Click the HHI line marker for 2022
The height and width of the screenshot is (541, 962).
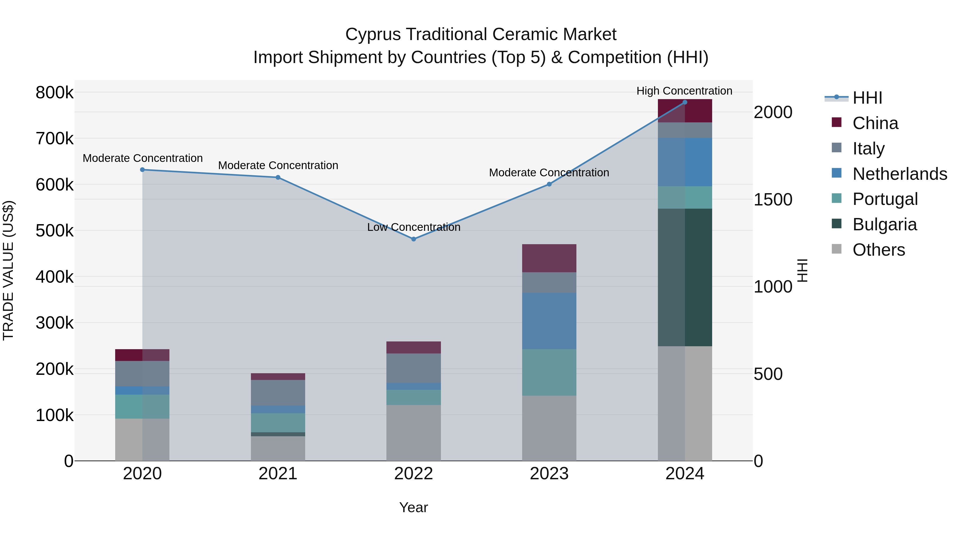413,239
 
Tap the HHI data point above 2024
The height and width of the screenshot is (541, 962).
685,102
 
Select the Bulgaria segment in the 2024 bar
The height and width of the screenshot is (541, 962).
685,277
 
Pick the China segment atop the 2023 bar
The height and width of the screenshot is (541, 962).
549,258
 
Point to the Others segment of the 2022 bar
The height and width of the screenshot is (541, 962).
413,433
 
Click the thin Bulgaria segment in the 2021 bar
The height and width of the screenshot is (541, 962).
278,434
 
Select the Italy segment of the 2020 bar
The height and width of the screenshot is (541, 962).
142,373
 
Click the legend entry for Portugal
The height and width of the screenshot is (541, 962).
885,199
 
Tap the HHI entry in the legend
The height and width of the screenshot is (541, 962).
867,98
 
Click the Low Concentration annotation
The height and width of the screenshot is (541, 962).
413,227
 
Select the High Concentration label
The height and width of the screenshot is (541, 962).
684,91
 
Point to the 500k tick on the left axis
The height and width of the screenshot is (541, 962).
55,231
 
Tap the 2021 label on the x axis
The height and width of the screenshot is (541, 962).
278,474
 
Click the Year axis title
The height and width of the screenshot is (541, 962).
413,507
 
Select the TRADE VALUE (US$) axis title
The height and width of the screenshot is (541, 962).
8,270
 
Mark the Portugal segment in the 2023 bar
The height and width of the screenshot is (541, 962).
549,372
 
